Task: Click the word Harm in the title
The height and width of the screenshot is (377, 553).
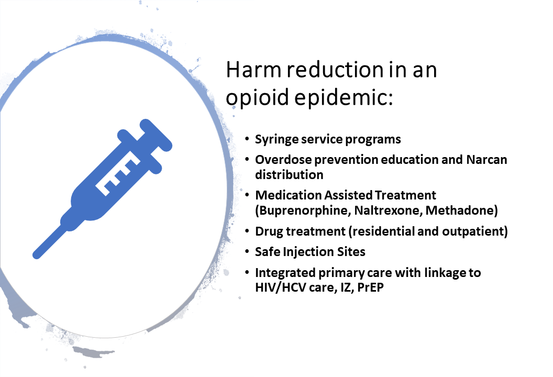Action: point(253,70)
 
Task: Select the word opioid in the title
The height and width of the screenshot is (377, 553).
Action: point(257,97)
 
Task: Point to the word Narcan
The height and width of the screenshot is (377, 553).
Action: point(486,160)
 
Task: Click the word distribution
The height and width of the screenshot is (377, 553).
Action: point(289,174)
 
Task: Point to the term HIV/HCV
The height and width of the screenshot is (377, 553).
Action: point(280,287)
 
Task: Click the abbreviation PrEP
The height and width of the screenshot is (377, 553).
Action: point(370,287)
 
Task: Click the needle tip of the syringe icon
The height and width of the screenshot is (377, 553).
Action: point(36,256)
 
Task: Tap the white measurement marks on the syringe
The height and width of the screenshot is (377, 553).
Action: point(118,174)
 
